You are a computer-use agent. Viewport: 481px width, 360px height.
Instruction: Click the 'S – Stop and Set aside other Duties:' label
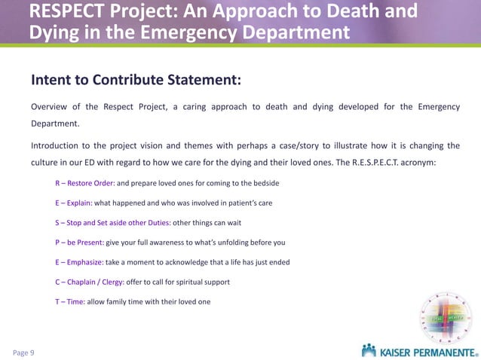point(113,223)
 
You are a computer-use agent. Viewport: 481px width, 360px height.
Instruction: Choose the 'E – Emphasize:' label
point(78,262)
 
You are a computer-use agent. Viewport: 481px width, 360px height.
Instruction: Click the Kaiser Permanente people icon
point(369,350)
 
